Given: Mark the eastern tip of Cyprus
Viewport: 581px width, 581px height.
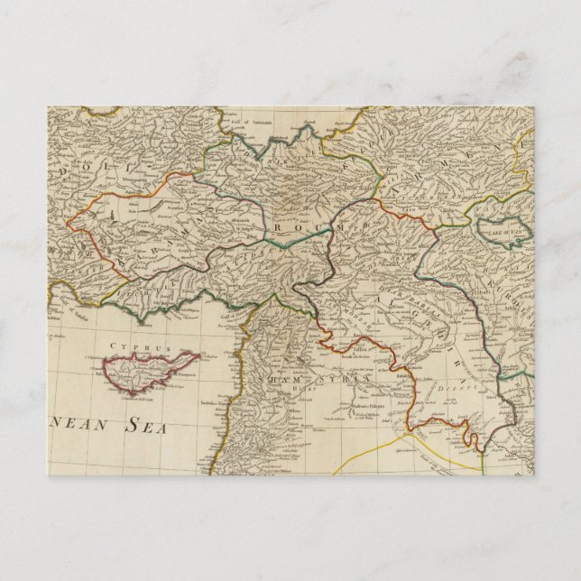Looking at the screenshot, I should coord(199,354).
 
